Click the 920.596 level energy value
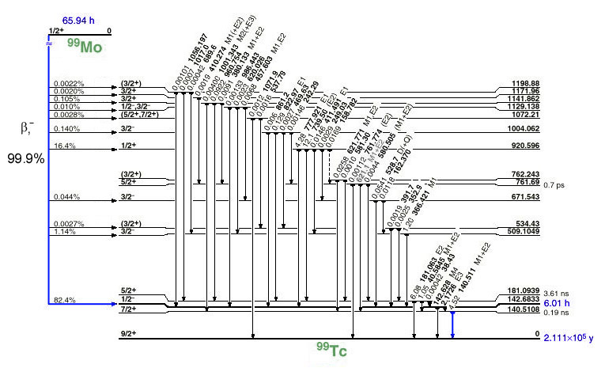(523, 146)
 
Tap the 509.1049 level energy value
(520, 232)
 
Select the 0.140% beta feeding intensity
(66, 127)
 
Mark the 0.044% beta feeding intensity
(66, 195)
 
